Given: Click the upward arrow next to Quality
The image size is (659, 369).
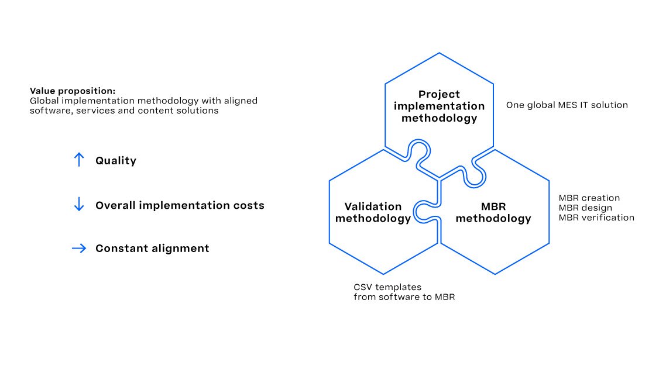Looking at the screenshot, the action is pos(78,160).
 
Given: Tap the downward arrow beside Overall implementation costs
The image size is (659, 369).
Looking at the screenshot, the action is pos(78,204).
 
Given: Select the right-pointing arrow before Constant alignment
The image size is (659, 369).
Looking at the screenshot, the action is pos(79,248).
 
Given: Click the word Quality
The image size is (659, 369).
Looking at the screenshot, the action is pos(115,161).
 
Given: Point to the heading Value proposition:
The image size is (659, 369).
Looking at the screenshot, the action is pos(73,91).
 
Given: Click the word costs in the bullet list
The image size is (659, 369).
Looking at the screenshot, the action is pos(249,205).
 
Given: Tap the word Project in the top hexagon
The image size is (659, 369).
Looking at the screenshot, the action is pos(439,95).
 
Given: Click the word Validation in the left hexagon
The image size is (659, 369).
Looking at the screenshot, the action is pos(373,206).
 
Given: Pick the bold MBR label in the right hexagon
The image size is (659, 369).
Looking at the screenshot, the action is pos(493,206).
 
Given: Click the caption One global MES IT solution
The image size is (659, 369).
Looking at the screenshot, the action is pos(567,105).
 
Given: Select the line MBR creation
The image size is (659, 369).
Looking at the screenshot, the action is pos(589,198).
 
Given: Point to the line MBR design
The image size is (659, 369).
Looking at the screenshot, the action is pos(585,208).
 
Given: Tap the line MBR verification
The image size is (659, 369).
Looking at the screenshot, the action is pos(596,218).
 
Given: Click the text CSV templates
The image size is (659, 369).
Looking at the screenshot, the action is pos(387,287).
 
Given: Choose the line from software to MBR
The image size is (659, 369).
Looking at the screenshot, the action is pos(404,297).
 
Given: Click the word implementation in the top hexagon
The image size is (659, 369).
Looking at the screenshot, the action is pos(439,106).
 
